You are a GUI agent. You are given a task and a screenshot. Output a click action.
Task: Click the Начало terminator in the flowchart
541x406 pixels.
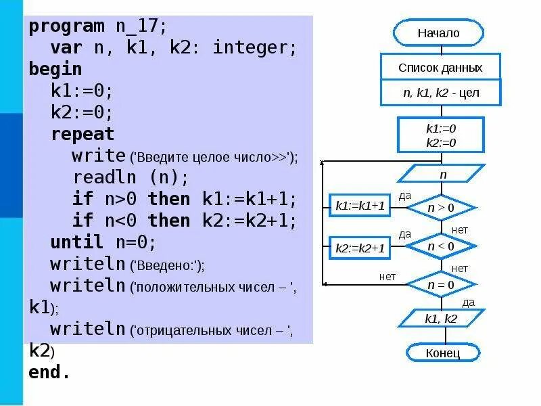[x=438, y=32]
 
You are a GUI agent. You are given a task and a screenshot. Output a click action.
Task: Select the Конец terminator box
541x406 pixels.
[x=443, y=353]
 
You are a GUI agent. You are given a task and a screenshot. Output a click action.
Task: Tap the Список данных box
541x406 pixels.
[x=440, y=68]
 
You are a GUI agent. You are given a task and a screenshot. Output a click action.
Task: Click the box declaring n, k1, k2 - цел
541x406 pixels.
[x=441, y=93]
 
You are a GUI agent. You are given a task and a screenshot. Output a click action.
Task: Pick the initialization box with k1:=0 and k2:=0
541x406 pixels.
[x=441, y=135]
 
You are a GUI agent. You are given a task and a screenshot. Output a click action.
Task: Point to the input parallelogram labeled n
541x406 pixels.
[x=443, y=175]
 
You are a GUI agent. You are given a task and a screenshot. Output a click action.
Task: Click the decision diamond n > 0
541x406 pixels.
[x=441, y=208]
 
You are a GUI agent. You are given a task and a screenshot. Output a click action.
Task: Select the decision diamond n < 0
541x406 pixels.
[x=441, y=246]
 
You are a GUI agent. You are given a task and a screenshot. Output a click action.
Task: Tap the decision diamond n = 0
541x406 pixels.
[x=441, y=285]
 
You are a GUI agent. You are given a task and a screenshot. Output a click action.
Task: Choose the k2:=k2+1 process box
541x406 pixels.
[x=360, y=248]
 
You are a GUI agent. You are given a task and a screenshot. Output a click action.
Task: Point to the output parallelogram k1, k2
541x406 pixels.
[x=441, y=318]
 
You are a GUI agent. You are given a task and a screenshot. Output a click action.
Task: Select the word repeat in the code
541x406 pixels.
[x=83, y=134]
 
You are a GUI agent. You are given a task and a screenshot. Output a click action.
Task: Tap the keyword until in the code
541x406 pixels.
[x=76, y=242]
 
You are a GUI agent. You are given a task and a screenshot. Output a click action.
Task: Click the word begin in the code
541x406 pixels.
[x=55, y=70]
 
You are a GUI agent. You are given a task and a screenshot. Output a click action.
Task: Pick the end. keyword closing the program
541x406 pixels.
[x=49, y=372]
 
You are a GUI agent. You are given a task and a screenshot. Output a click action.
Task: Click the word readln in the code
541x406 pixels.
[x=103, y=177]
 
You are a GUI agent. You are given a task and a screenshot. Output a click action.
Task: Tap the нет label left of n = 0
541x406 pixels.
[x=387, y=277]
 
